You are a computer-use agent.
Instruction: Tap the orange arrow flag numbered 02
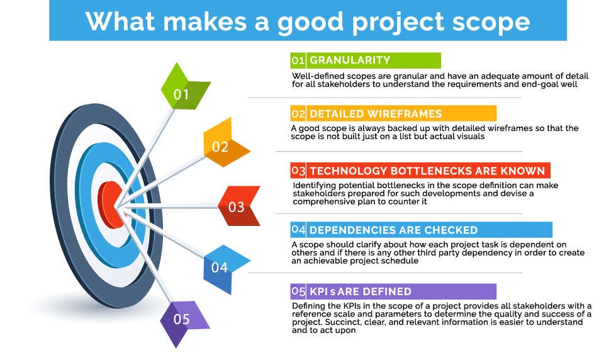[221, 147]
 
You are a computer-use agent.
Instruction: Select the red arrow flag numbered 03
[238, 206]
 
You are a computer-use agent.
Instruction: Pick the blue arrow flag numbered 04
[221, 267]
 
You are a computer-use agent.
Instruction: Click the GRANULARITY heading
[350, 60]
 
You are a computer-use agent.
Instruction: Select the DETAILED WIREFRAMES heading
[376, 114]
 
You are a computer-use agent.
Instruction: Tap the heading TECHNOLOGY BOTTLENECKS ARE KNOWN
[427, 171]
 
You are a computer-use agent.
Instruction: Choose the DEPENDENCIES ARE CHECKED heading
[393, 230]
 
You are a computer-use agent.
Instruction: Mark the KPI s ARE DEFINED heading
[360, 291]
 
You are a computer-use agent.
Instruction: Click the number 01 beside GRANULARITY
[298, 60]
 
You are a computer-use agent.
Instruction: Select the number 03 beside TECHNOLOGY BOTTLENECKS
[298, 171]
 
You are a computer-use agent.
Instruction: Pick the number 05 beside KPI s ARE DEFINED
[298, 291]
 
